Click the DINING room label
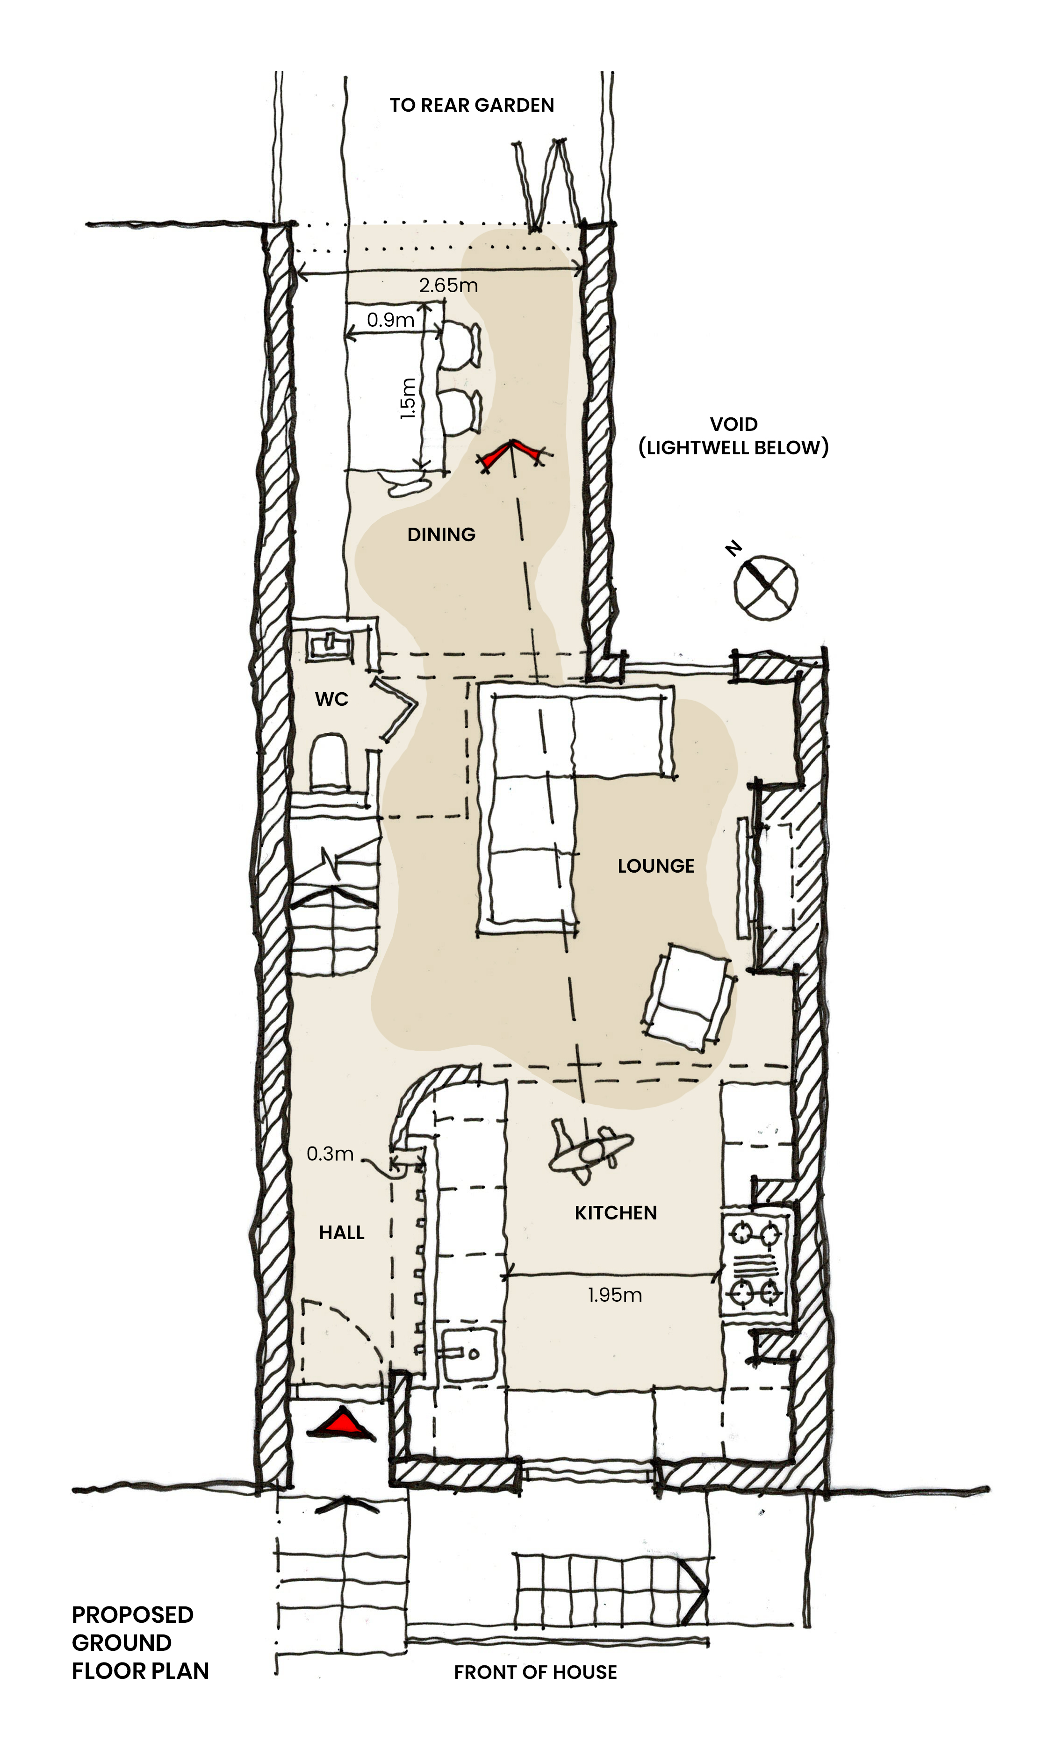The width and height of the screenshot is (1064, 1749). click(441, 535)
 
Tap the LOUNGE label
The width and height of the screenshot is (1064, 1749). click(656, 866)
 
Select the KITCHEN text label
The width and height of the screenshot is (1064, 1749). click(615, 1212)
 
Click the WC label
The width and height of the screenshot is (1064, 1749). click(331, 699)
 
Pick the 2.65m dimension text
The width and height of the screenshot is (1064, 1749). click(448, 286)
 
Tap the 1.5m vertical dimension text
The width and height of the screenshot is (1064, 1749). click(408, 398)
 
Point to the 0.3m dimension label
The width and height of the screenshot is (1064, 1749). click(330, 1154)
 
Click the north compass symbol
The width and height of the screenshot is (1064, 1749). click(764, 585)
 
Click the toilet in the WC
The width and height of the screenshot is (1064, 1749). click(330, 763)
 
